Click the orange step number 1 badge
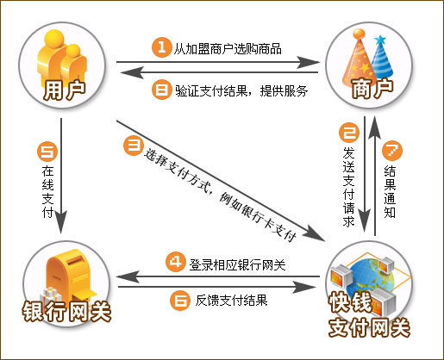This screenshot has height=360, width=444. (162, 47)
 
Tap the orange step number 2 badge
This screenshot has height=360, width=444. (349, 133)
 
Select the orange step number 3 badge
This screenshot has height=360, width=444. (134, 146)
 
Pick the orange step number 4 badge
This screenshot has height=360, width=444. (176, 262)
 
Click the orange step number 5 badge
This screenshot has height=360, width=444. (47, 152)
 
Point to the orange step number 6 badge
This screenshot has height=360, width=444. (180, 301)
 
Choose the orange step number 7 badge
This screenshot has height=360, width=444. (392, 151)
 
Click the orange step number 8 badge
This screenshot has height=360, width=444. (161, 90)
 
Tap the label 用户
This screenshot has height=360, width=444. (65, 90)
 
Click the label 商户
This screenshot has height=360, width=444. (372, 89)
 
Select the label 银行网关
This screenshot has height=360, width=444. (66, 312)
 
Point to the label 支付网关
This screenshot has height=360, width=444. (370, 327)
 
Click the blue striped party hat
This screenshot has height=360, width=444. (381, 58)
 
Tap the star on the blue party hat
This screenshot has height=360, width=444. (380, 40)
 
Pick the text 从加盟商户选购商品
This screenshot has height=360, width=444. (228, 49)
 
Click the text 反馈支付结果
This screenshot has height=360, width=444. (232, 301)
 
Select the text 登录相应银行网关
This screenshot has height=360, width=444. (237, 264)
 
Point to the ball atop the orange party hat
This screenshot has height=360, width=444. (359, 34)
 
